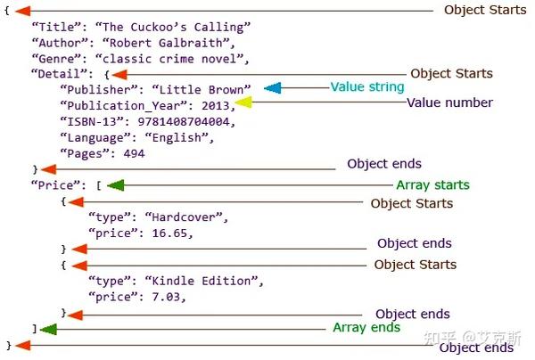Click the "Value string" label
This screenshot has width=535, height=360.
tap(367, 87)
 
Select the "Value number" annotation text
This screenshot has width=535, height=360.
tap(449, 102)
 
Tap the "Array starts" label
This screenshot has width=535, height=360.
tap(432, 185)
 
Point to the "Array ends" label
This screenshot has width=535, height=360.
tap(366, 328)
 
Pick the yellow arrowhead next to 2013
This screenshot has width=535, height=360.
tap(243, 103)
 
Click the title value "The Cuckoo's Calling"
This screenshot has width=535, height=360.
tap(178, 27)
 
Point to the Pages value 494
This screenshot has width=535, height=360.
tap(134, 153)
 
